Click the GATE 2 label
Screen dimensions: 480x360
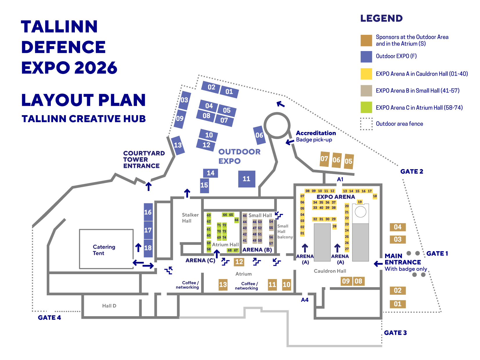click(411, 171)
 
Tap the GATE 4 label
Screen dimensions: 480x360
click(49, 317)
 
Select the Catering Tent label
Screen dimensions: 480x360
click(104, 250)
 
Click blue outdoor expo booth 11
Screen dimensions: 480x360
click(246, 179)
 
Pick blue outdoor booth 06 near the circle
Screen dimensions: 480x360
click(259, 135)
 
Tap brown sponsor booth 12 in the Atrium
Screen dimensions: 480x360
click(239, 262)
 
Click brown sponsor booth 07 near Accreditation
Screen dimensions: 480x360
click(324, 159)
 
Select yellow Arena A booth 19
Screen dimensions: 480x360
click(360, 202)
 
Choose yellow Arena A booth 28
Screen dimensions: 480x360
click(334, 226)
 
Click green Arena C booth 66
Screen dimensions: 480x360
click(237, 220)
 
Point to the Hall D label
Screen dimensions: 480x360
click(109, 305)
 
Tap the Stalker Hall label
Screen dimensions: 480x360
click(190, 218)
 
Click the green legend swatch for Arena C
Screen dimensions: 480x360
click(366, 107)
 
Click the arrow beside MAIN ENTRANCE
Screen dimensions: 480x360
click(378, 264)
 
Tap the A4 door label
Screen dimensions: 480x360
click(305, 300)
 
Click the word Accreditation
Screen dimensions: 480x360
click(316, 133)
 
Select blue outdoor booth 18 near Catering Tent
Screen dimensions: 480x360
click(148, 248)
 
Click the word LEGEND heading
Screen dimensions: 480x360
click(381, 18)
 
